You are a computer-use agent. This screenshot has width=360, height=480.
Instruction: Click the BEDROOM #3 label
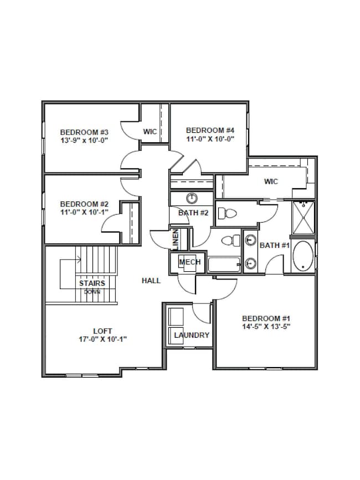pyautogui.click(x=84, y=132)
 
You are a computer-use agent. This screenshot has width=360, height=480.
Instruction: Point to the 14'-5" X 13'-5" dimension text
pyautogui.click(x=266, y=327)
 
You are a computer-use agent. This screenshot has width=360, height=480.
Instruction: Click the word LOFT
pyautogui.click(x=102, y=331)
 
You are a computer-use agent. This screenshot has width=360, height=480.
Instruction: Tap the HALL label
pyautogui.click(x=151, y=281)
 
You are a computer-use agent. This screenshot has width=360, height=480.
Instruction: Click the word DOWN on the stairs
pyautogui.click(x=92, y=291)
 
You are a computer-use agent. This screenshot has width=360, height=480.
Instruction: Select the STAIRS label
pyautogui.click(x=92, y=283)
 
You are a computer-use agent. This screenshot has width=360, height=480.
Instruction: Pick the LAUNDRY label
pyautogui.click(x=192, y=335)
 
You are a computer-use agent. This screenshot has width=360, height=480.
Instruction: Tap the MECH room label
pyautogui.click(x=189, y=262)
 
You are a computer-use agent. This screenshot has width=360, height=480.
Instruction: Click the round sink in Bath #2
pyautogui.click(x=192, y=198)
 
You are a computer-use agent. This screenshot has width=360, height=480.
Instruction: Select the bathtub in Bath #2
pyautogui.click(x=224, y=264)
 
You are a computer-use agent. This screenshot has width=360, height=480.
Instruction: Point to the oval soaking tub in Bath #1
pyautogui.click(x=303, y=256)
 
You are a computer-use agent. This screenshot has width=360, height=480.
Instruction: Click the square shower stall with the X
pyautogui.click(x=303, y=217)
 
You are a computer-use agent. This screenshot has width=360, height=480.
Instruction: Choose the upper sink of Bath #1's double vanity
pyautogui.click(x=250, y=240)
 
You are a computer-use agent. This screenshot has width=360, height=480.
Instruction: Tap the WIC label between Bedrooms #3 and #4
pyautogui.click(x=150, y=132)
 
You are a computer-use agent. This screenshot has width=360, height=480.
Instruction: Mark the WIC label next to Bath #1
pyautogui.click(x=271, y=182)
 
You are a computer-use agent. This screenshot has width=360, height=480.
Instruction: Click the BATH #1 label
pyautogui.click(x=275, y=245)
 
